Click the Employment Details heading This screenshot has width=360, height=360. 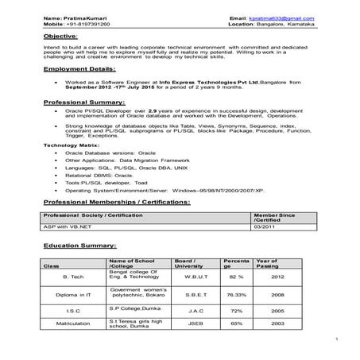80,69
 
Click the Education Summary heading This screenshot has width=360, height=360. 79,247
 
